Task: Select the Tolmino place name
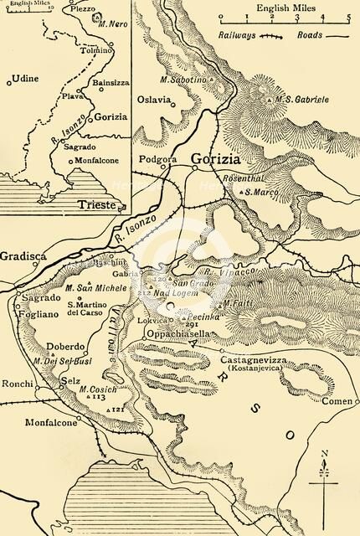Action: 94,51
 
